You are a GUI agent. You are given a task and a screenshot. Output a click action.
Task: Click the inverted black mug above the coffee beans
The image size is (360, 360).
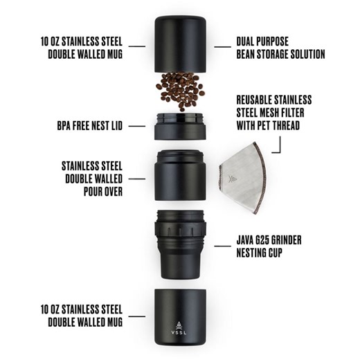pyautogui.click(x=181, y=44)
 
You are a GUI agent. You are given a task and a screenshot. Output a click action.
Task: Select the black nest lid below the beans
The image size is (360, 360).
pyautogui.click(x=181, y=127)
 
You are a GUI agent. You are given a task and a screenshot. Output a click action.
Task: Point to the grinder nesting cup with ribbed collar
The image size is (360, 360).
pyautogui.click(x=181, y=239)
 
